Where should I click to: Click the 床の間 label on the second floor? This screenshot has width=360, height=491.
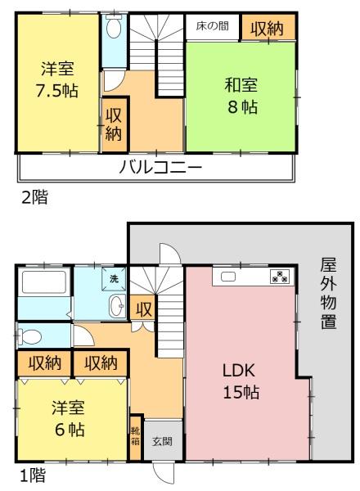coord(212,26)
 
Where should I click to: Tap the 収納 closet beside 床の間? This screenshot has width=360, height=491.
coord(268,28)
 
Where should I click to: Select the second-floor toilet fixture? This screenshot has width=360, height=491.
coord(114,27)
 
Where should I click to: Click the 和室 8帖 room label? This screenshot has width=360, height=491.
coord(241,96)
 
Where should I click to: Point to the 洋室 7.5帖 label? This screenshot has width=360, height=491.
coord(57,79)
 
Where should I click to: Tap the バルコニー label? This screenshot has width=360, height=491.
coord(160,167)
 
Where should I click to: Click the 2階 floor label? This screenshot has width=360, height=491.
coord(34,197)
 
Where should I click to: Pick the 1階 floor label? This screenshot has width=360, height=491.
coord(33,475)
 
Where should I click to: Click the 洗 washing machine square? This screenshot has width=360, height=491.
coord(114,278)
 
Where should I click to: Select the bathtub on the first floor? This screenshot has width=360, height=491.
coord(44,282)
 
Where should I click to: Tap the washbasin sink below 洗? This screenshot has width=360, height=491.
coord(117,306)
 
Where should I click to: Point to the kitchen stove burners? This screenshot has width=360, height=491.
coord(280,277)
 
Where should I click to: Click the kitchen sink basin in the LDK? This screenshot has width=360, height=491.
coord(228,277)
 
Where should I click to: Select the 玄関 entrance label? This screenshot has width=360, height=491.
coord(162,442)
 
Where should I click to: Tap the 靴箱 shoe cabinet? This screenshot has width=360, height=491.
coord(135,437)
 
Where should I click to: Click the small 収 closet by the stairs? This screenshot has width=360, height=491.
coord(143,309)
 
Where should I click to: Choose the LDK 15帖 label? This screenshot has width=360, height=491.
coord(241,381)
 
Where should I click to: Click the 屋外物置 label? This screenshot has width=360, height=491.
coord(328,294)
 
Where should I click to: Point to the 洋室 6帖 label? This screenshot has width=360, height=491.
coord(68,418)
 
